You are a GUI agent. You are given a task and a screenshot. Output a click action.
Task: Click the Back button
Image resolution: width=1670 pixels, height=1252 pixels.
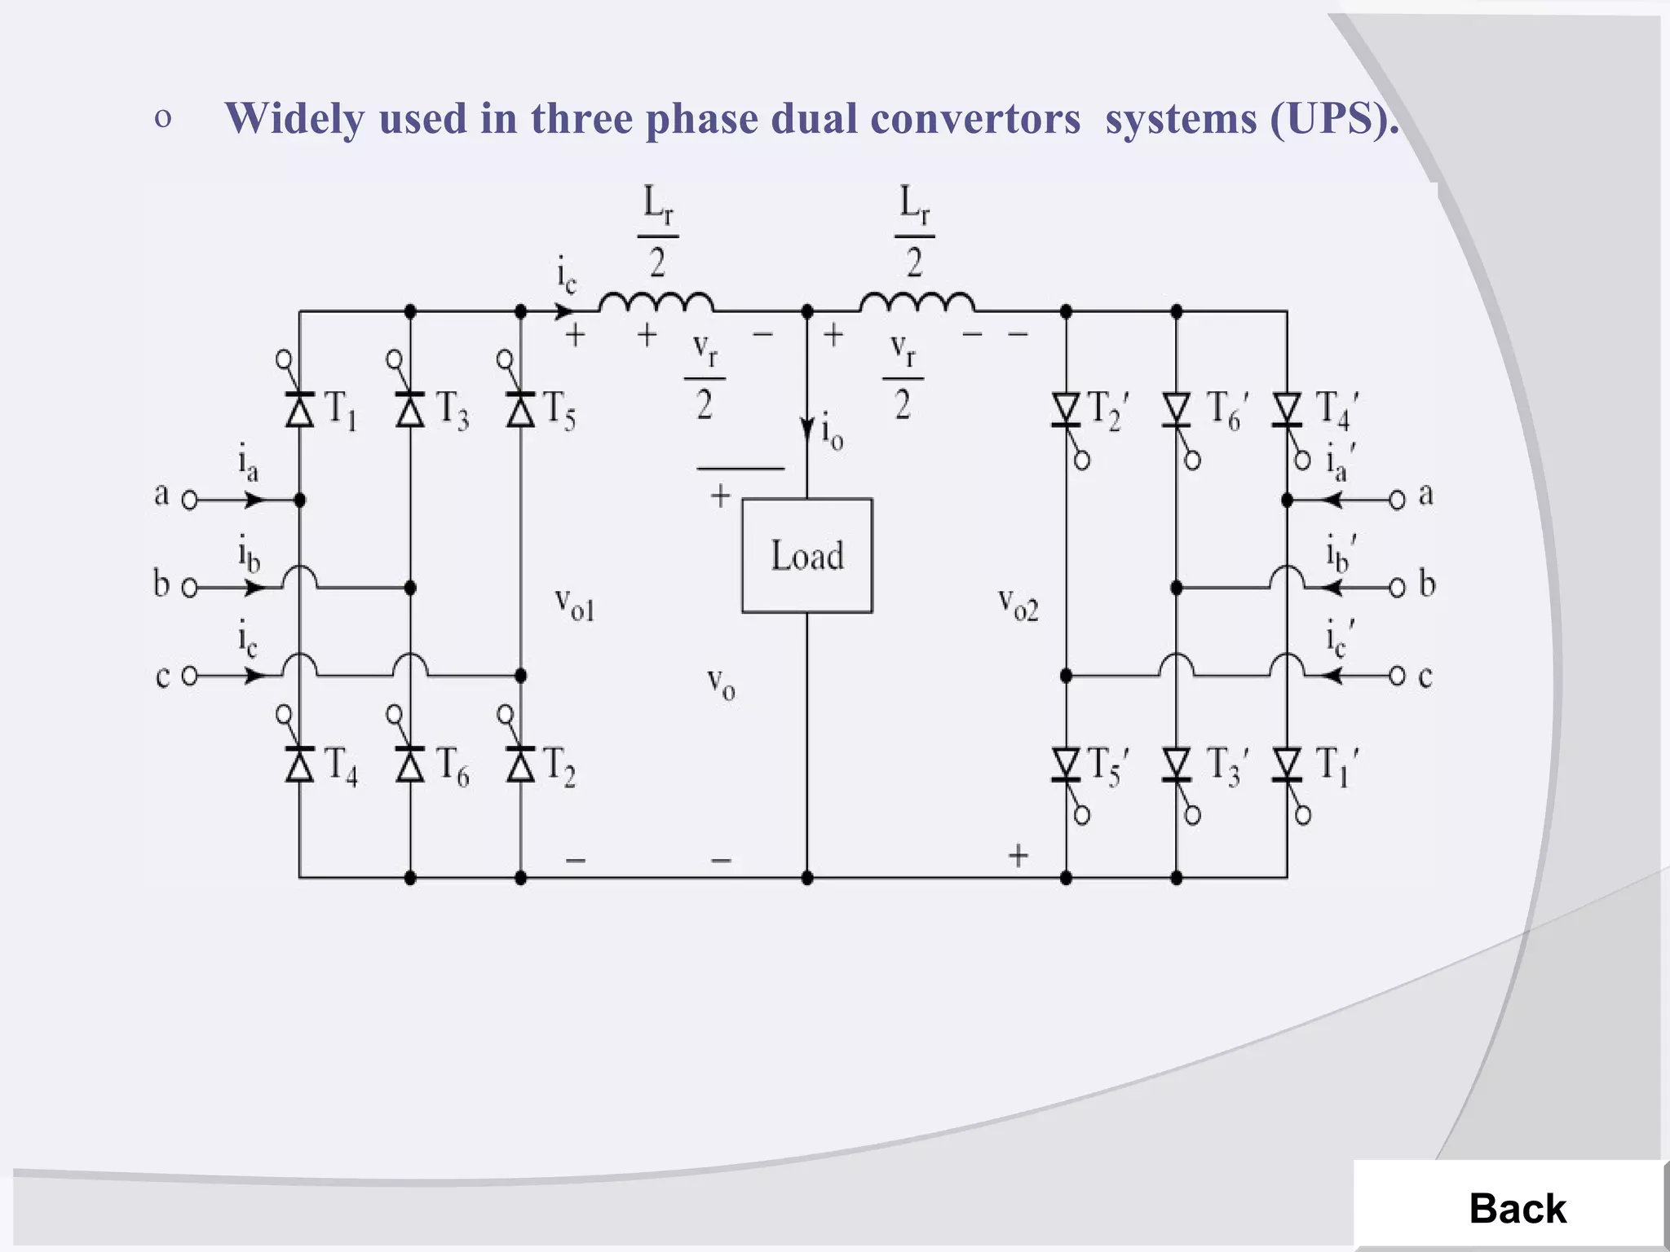(x=1517, y=1208)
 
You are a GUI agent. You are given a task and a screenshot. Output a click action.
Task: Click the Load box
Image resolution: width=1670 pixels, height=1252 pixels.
(x=806, y=556)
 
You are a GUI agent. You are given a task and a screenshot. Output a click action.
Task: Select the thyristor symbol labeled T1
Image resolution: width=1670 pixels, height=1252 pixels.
(x=300, y=409)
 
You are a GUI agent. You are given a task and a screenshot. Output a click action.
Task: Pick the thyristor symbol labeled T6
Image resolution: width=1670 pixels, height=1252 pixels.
(x=410, y=765)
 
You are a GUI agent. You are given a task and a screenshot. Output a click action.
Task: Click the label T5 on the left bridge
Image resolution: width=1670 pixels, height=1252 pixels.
(x=559, y=409)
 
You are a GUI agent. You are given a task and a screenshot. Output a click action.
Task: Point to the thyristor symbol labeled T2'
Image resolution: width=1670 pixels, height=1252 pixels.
(x=1066, y=409)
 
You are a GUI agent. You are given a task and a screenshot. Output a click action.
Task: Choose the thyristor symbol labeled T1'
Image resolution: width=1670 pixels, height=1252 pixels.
(x=1287, y=765)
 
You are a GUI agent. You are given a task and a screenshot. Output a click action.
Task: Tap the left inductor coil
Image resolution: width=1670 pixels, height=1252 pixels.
(x=656, y=303)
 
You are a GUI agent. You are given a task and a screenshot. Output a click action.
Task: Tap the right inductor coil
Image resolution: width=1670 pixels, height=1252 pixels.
(x=916, y=303)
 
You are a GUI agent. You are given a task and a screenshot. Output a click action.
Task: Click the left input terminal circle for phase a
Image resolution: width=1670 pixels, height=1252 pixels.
(x=189, y=500)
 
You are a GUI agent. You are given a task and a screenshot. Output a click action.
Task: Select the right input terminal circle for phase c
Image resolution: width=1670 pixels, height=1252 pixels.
(x=1397, y=676)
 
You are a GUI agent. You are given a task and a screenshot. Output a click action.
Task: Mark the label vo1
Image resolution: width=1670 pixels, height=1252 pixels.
(x=575, y=604)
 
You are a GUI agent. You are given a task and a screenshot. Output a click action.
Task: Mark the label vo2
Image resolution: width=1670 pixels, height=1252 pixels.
(x=1018, y=604)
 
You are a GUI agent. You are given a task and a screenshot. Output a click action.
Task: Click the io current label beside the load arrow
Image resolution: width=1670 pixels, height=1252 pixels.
(x=832, y=432)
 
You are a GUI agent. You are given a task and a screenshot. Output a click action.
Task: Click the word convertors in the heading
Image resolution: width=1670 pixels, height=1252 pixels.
(x=974, y=119)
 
